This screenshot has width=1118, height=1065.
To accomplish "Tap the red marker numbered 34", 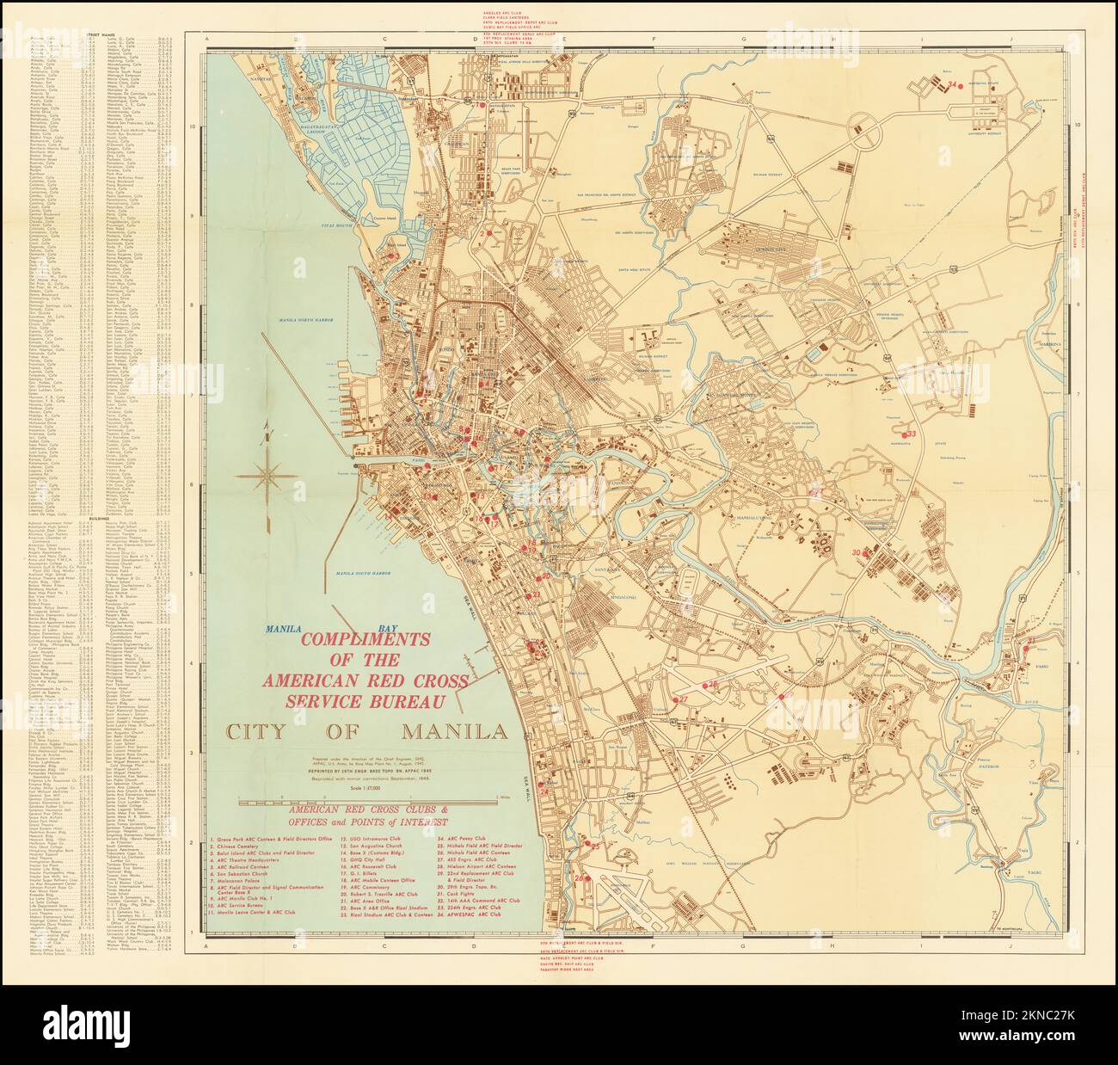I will pyautogui.click(x=952, y=84).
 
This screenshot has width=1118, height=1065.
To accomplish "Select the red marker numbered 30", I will pyautogui.click(x=857, y=552).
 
